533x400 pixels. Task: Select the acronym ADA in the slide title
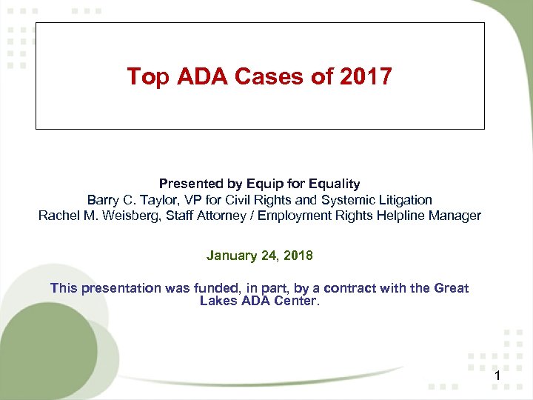195,76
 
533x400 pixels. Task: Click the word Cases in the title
262,76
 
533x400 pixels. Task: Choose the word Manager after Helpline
455,216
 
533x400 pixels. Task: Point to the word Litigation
403,200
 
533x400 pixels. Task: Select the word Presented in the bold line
188,184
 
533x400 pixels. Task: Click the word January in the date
230,256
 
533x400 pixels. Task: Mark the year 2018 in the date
297,256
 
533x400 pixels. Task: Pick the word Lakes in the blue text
217,301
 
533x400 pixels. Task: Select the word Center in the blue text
297,301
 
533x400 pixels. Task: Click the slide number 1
498,379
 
